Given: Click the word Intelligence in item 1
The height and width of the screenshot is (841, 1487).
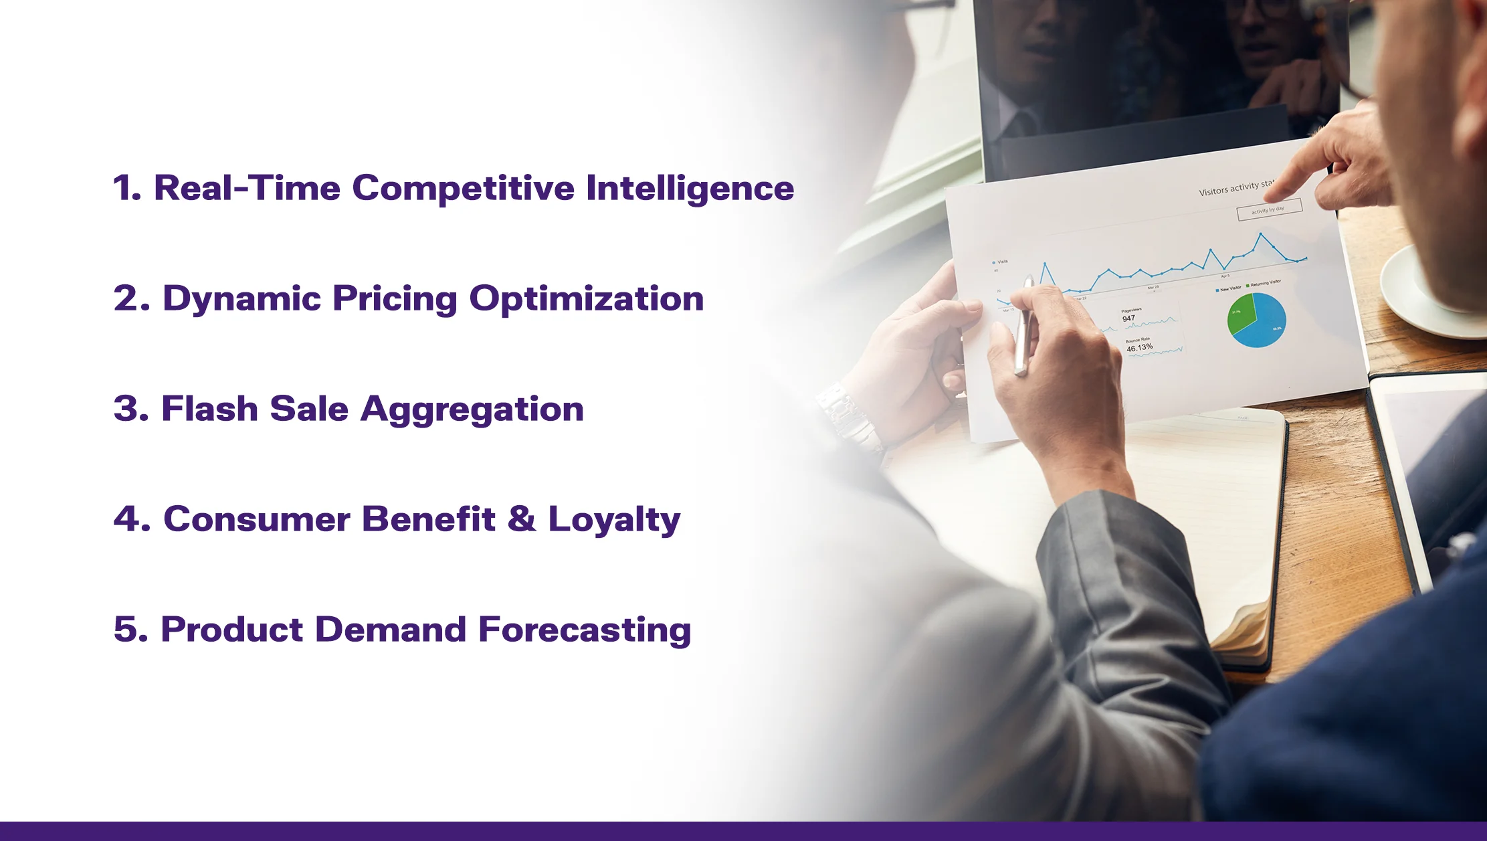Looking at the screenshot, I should (690, 188).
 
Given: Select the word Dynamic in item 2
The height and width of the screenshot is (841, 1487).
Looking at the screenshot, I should (242, 298).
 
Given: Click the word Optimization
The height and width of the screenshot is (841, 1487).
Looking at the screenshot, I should (586, 298).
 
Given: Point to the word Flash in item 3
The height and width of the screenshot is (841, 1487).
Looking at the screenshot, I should (209, 409).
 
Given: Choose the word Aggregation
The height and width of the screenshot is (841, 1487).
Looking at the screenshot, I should (472, 409).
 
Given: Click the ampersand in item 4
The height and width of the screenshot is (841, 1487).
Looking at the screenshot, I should (522, 519).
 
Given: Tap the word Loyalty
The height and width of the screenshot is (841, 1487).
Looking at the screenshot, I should (614, 519).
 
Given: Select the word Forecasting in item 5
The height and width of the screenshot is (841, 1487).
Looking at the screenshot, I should (585, 630).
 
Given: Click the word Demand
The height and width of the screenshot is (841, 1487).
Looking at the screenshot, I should (391, 630).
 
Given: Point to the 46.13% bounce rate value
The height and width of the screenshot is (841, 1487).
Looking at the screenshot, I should (1139, 348).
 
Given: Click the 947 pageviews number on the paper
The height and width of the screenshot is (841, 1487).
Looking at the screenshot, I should (1128, 318).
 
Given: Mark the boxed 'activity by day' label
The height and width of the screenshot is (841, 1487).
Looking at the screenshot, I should (1268, 210).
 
